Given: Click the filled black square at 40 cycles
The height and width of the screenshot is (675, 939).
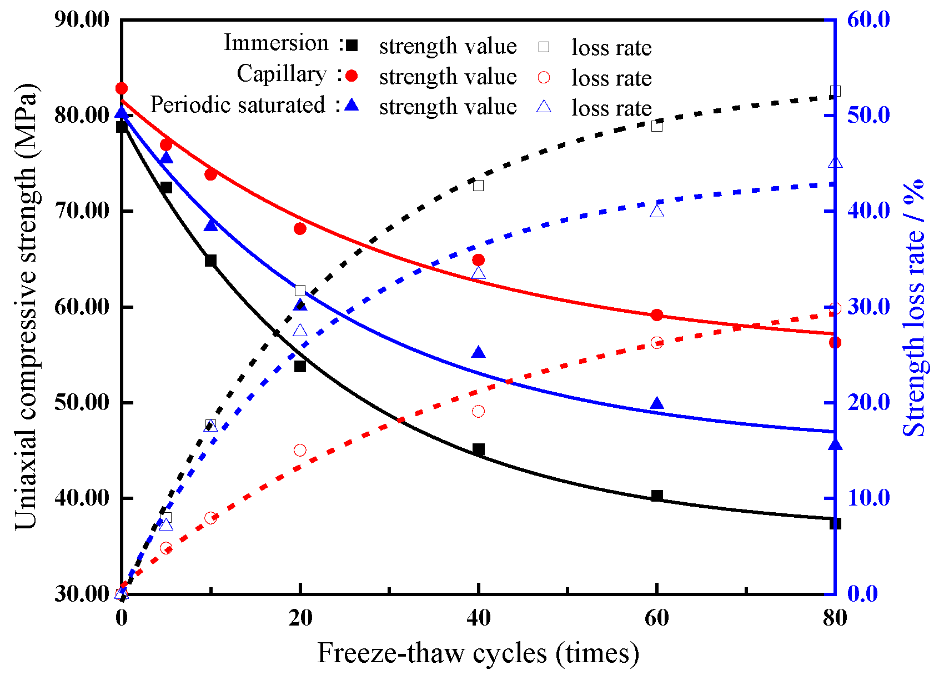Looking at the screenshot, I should point(478,449).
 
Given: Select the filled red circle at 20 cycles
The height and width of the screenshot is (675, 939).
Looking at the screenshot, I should point(300,228).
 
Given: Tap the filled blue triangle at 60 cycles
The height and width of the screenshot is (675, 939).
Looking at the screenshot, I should point(657,403).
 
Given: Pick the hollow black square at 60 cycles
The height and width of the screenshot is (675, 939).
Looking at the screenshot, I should point(657,126).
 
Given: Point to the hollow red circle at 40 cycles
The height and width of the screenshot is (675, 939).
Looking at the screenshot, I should point(478,411).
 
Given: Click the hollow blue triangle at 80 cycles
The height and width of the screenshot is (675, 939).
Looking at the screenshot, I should point(835,163).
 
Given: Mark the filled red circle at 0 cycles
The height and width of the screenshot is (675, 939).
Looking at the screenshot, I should point(122,88).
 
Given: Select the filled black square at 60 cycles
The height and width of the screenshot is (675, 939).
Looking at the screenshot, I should point(657,496).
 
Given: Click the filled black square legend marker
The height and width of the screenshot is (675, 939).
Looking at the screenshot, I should point(352,46).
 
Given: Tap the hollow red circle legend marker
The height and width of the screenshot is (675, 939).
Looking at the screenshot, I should point(544,77).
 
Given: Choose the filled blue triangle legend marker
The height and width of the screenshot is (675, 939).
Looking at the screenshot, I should point(352,106).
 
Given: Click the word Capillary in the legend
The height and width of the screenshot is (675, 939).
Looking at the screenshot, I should point(282,74).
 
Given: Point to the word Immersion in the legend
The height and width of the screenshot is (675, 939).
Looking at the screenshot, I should point(276,43).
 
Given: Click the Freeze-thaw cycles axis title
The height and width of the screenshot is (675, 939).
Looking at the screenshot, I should point(478,653).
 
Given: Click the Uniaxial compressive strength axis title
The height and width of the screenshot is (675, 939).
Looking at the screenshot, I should point(26,307).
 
